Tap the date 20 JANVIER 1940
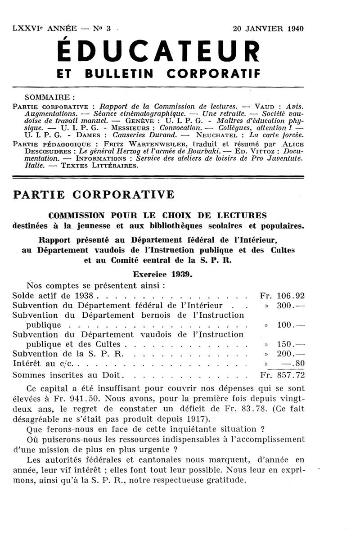[268, 29]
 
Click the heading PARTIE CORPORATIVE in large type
[94, 194]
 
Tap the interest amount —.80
[293, 363]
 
